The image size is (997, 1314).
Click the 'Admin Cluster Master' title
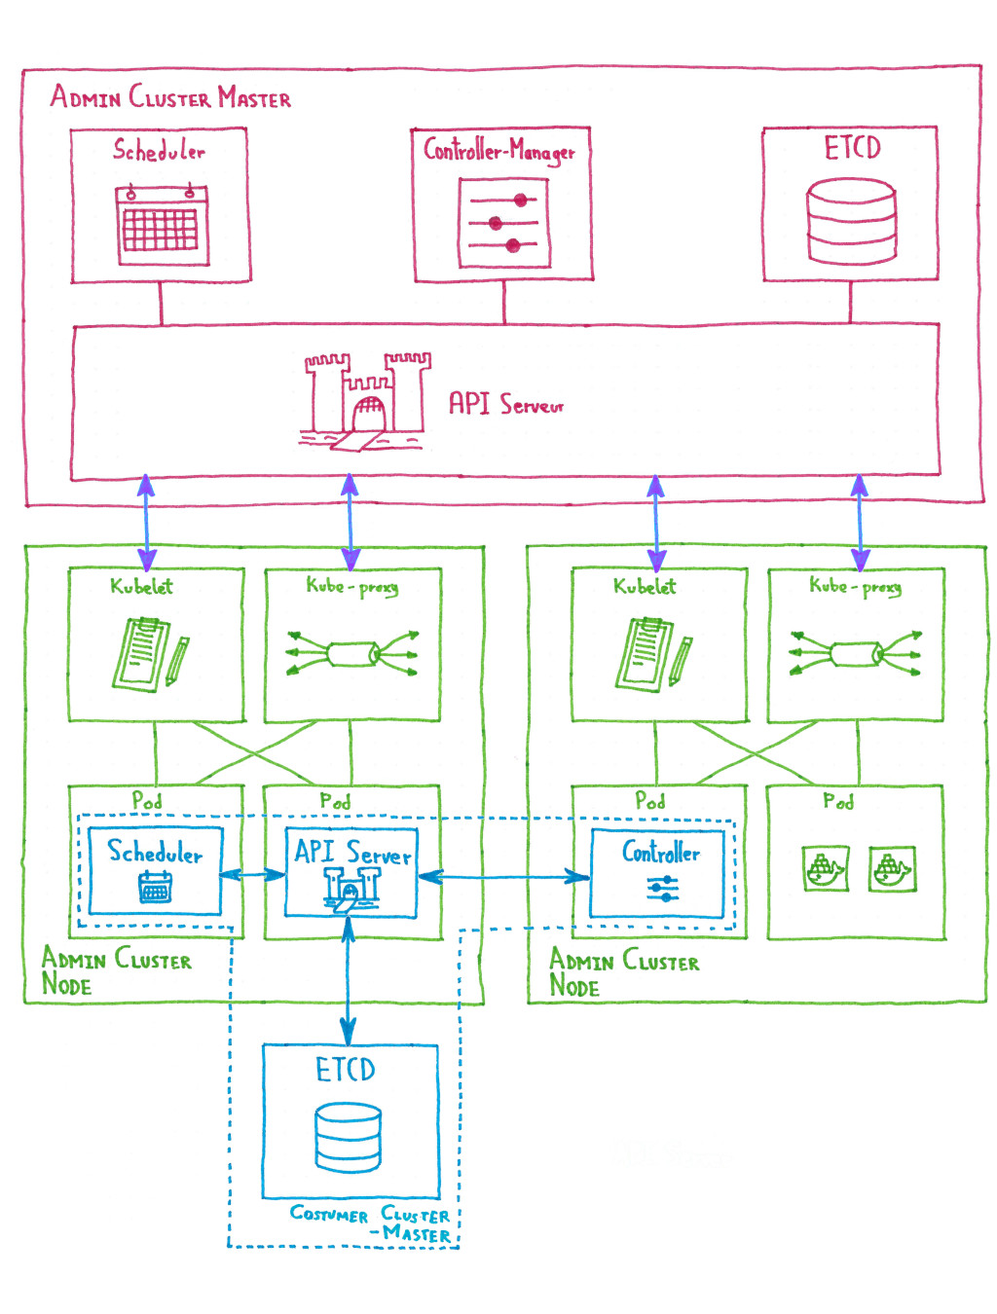(x=170, y=97)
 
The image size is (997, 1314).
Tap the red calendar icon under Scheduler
(x=162, y=226)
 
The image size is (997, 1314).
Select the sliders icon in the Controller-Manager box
(x=503, y=224)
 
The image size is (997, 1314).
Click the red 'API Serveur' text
(x=505, y=403)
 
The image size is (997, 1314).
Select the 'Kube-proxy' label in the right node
(x=855, y=586)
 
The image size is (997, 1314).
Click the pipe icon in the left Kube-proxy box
(x=352, y=653)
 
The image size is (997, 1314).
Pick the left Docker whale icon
(x=825, y=868)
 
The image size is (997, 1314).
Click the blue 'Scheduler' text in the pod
(x=155, y=853)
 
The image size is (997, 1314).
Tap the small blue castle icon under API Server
(x=351, y=889)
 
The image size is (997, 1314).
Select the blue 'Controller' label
(x=661, y=853)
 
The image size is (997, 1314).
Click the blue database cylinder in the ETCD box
(x=348, y=1138)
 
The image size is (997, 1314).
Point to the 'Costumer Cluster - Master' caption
(x=372, y=1223)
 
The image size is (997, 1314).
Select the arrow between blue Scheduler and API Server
(x=252, y=875)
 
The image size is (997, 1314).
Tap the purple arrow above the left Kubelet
(x=146, y=523)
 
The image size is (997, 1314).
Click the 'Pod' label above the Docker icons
(x=837, y=801)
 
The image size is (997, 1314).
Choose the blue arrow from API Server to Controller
(x=504, y=877)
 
